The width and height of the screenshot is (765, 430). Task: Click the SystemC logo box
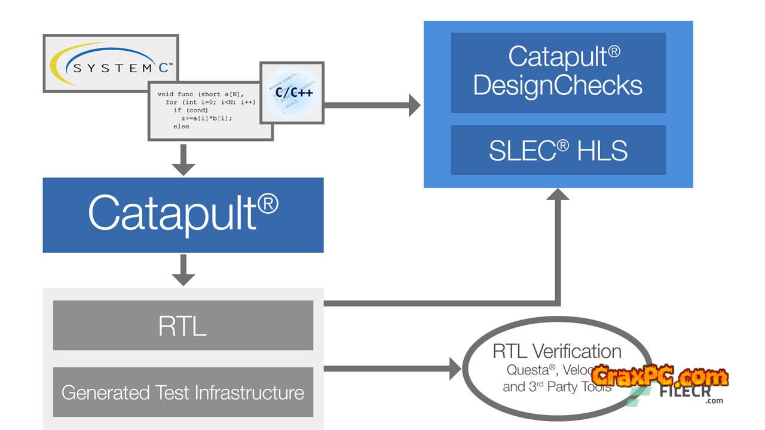click(111, 63)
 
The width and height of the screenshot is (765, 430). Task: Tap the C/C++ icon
click(292, 93)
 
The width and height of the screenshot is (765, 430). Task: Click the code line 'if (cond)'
click(191, 110)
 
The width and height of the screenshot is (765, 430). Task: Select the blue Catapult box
click(183, 214)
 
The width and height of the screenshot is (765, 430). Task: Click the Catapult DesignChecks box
click(558, 72)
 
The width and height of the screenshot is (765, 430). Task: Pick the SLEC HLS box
click(558, 150)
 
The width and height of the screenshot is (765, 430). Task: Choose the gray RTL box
click(183, 325)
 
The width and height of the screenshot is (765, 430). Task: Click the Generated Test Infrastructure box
click(183, 392)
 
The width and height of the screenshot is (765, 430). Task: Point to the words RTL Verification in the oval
click(557, 351)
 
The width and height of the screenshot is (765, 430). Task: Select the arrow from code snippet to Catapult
click(183, 160)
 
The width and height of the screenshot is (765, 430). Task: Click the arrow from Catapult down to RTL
click(183, 271)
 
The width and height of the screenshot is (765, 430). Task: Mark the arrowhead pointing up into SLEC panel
click(558, 195)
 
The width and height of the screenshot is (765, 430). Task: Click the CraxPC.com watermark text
click(660, 377)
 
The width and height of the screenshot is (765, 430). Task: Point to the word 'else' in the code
click(181, 127)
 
